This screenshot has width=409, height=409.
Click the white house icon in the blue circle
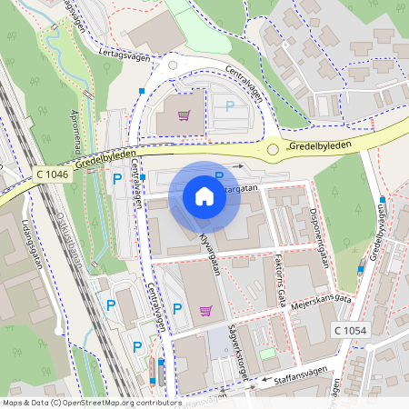click(204, 196)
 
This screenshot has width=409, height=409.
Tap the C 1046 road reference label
click(53, 173)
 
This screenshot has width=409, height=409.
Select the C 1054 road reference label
click(349, 330)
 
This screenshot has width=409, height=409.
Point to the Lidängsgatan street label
click(31, 241)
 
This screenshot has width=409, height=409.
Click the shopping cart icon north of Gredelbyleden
click(184, 115)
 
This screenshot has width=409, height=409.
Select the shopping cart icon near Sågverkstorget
click(206, 310)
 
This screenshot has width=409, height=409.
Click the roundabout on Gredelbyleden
click(272, 148)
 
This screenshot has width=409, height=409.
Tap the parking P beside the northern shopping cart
click(230, 106)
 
